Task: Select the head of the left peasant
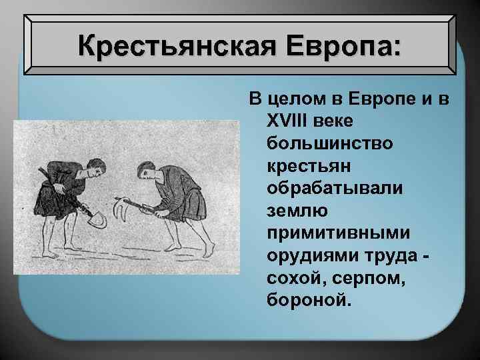click(x=96, y=167)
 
